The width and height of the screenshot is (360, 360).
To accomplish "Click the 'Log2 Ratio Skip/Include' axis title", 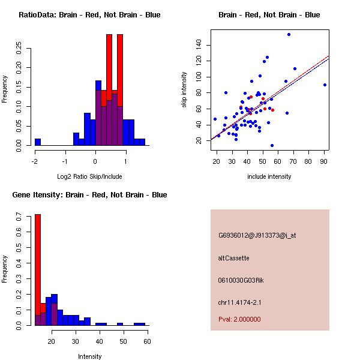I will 89,177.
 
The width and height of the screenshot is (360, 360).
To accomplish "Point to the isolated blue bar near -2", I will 38,142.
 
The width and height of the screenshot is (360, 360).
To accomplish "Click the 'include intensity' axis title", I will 269,176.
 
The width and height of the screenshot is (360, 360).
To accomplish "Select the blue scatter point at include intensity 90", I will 325,85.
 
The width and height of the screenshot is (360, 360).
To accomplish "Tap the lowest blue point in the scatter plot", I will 272,145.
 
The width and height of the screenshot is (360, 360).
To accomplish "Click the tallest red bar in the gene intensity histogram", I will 38,270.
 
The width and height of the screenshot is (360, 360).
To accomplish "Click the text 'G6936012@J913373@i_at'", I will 257,235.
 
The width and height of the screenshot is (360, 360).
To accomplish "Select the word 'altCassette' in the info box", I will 233,258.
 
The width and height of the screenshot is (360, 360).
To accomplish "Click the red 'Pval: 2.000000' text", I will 239,319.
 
